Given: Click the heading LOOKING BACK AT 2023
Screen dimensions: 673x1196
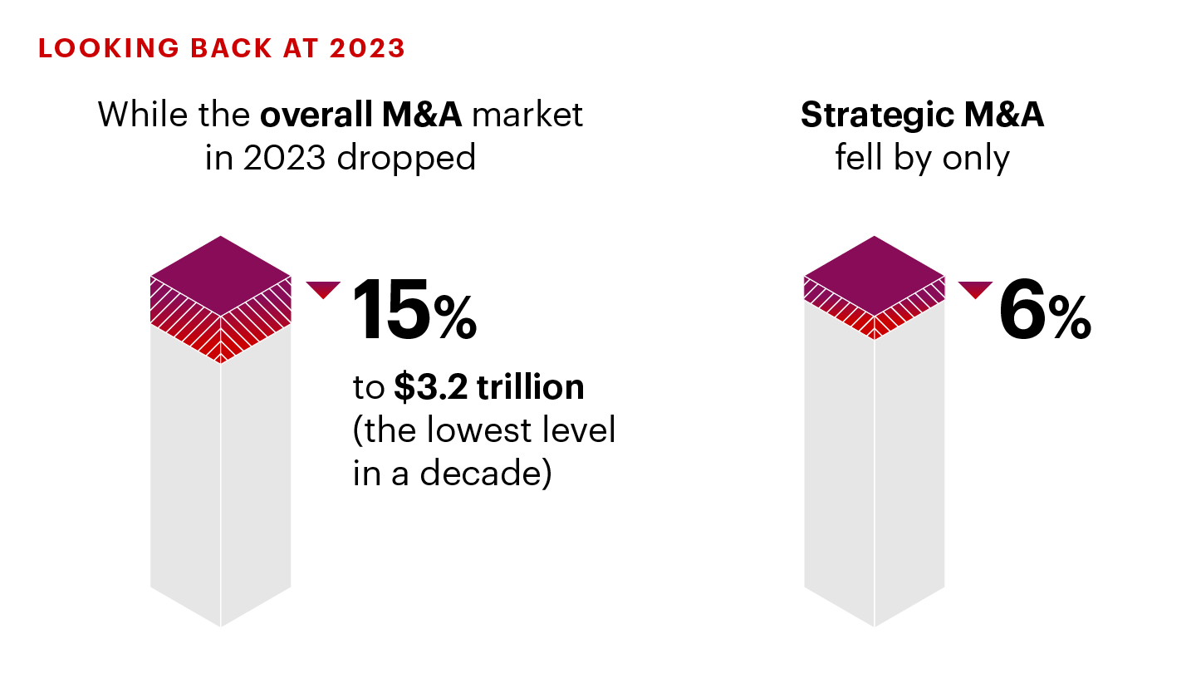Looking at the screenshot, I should pyautogui.click(x=222, y=48).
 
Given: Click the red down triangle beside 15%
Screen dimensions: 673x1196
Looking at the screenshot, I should pyautogui.click(x=323, y=289).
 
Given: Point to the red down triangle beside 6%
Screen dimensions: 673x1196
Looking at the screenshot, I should pyautogui.click(x=975, y=289).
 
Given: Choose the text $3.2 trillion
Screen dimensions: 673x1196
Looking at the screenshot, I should pyautogui.click(x=489, y=388).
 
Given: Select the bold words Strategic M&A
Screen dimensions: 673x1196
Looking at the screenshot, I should pyautogui.click(x=922, y=115).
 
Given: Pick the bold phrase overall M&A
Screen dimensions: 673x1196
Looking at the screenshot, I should pyautogui.click(x=360, y=114).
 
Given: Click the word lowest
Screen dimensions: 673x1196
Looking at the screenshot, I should pyautogui.click(x=471, y=430).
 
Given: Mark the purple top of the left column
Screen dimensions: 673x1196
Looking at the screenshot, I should pyautogui.click(x=221, y=274).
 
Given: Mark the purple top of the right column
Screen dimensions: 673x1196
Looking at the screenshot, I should pyautogui.click(x=875, y=274).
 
